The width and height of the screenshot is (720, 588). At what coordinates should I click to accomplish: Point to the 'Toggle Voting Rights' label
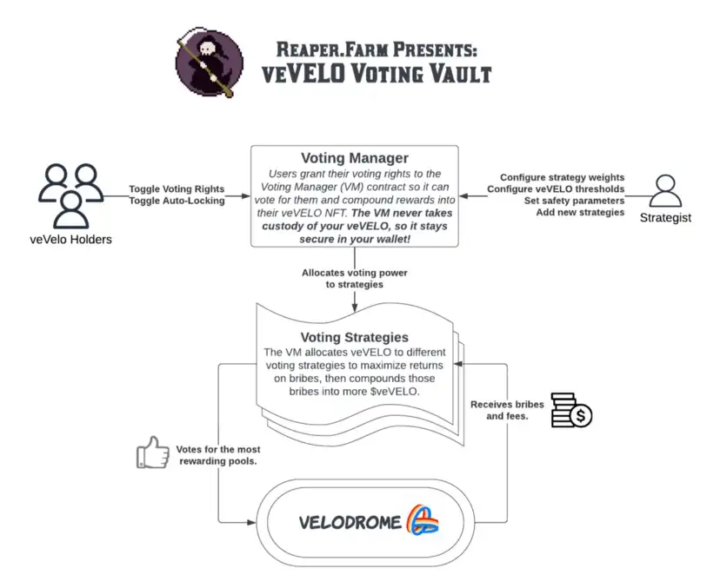coord(177,188)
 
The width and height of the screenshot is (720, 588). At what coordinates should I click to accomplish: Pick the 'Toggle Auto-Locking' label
coord(177,201)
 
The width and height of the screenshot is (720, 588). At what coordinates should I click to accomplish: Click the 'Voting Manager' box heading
coord(354,159)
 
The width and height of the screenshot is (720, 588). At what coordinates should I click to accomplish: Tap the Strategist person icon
coord(665,192)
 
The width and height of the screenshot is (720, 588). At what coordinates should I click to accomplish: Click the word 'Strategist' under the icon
coord(665,218)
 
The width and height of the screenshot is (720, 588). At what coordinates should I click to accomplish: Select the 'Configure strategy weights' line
coord(562,177)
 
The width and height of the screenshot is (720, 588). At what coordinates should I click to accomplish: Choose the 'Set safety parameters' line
coord(574,201)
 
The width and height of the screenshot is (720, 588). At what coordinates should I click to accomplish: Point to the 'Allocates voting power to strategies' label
coord(354,278)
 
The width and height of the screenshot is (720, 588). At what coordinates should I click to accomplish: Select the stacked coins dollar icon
coord(570,410)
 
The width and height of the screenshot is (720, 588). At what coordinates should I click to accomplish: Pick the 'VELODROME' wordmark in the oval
coord(350,522)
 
